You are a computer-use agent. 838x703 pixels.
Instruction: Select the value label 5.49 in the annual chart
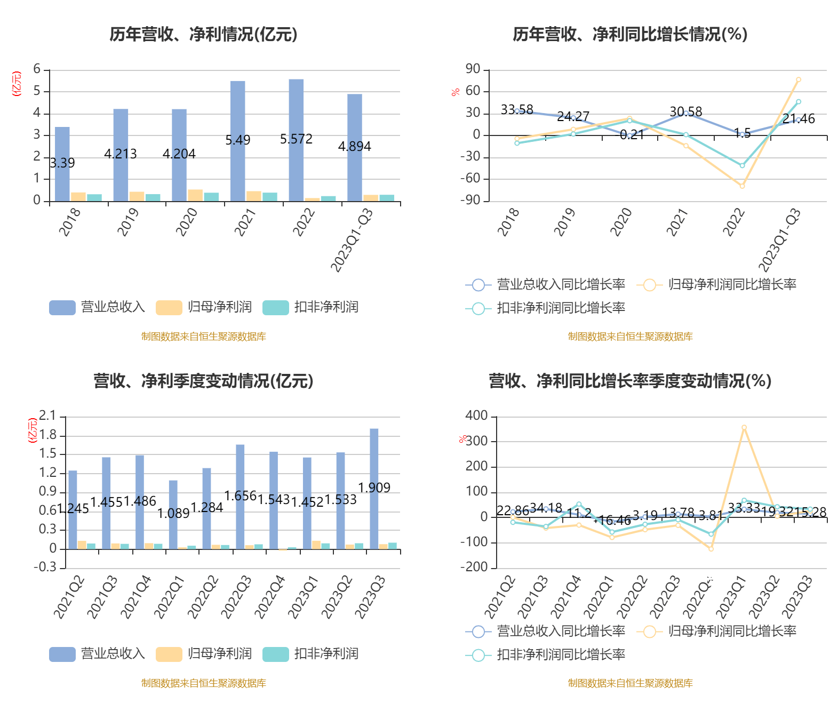[x=238, y=140]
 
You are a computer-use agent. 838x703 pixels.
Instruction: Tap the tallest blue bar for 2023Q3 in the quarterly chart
[x=374, y=488]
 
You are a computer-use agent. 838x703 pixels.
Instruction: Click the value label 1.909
[x=374, y=488]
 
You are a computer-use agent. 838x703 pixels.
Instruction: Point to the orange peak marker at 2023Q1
[x=744, y=427]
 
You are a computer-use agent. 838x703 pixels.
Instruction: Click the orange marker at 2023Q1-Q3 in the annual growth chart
[x=798, y=79]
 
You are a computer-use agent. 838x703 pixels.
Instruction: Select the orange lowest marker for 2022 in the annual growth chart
[x=742, y=186]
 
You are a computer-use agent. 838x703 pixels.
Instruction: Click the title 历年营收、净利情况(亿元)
[x=203, y=34]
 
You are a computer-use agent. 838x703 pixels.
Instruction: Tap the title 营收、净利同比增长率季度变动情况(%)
[x=630, y=381]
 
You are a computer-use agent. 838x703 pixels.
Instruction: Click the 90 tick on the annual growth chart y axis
[x=473, y=69]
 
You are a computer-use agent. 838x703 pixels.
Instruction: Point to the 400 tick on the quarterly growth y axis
[x=476, y=416]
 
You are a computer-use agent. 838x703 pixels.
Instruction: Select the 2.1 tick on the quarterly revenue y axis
[x=47, y=416]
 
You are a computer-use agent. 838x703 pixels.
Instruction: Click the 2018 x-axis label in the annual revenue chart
[x=70, y=221]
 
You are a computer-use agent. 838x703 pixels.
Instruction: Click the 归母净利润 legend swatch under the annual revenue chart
[x=169, y=307]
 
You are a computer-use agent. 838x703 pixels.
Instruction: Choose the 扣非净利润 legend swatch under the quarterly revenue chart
[x=275, y=654]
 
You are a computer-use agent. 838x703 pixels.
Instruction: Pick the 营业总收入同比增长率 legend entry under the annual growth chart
[x=546, y=284]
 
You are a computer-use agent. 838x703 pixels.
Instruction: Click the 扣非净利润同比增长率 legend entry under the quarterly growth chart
[x=546, y=654]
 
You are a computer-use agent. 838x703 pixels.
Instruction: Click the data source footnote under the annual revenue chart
[x=203, y=337]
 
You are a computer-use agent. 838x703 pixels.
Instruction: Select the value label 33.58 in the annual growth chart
[x=517, y=109]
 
